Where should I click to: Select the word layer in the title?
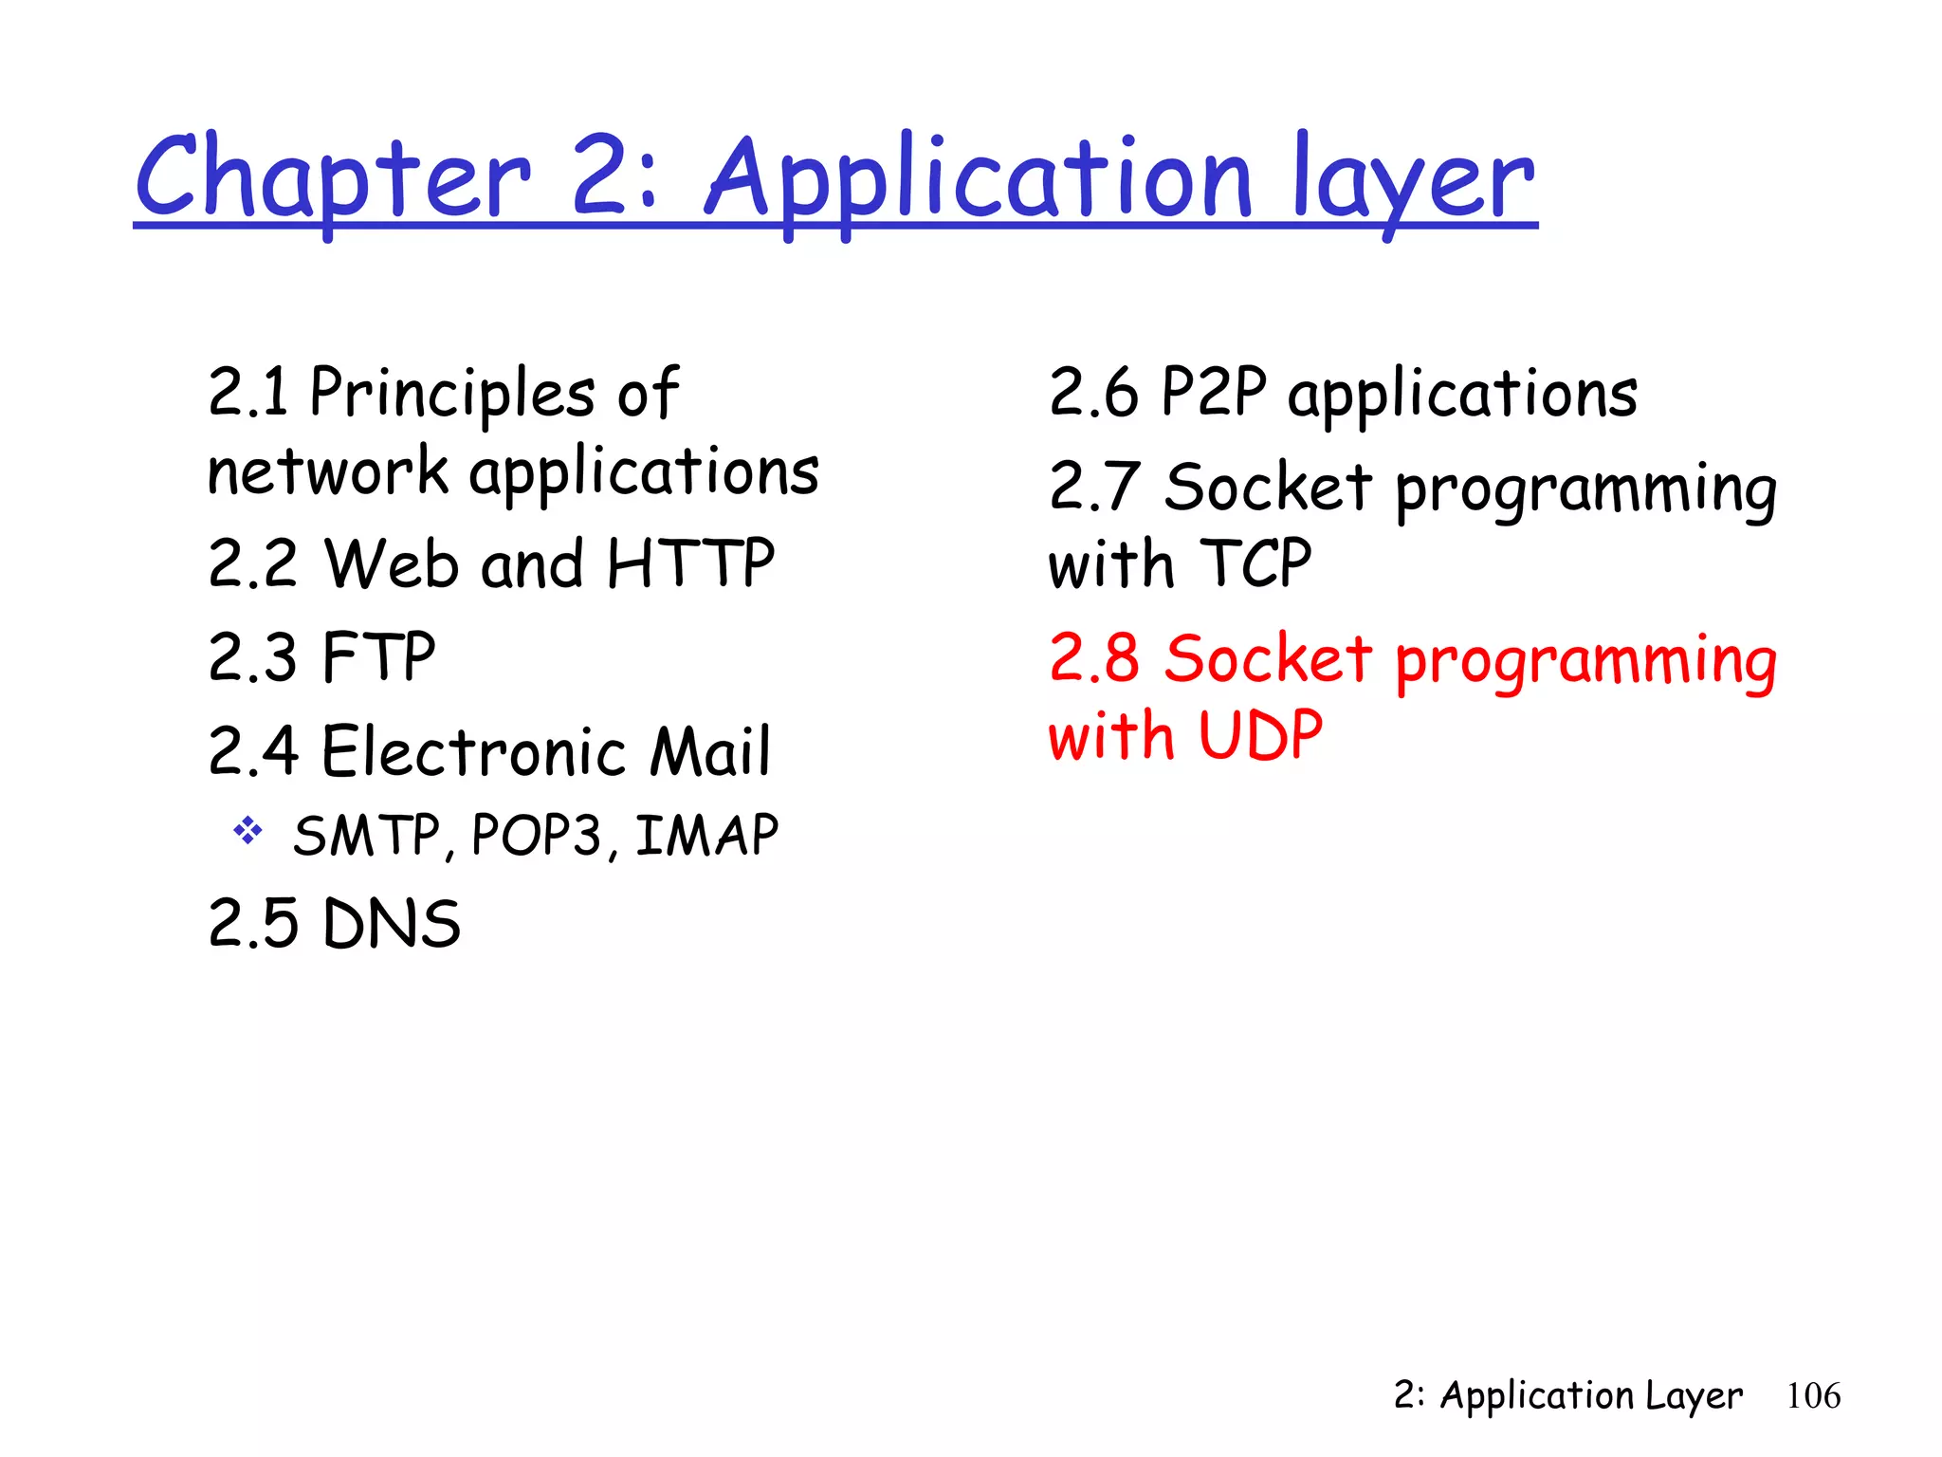click(x=1413, y=180)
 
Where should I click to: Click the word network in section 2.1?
click(x=327, y=471)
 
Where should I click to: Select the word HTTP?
click(x=690, y=563)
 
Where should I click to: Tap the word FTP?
click(x=378, y=656)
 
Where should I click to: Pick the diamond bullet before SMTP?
click(x=248, y=832)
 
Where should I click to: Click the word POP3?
click(x=536, y=836)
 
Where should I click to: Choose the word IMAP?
click(x=706, y=836)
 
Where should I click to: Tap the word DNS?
click(x=392, y=923)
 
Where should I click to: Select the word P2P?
click(x=1214, y=392)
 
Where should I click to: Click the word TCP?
click(x=1255, y=563)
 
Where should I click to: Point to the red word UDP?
click(x=1260, y=735)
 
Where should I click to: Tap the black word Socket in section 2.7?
click(x=1268, y=487)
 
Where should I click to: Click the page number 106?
click(x=1813, y=1396)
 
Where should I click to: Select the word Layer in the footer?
click(x=1695, y=1396)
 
